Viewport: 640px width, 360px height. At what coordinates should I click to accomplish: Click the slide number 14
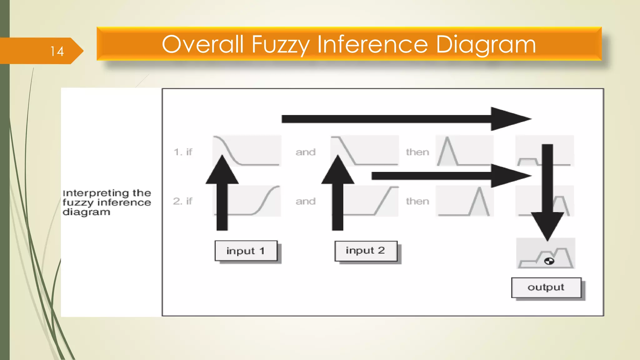(x=57, y=51)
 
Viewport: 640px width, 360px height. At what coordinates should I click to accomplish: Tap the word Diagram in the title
(x=486, y=44)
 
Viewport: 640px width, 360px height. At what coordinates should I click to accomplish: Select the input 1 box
(x=246, y=251)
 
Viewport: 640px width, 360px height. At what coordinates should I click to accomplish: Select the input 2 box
(x=366, y=251)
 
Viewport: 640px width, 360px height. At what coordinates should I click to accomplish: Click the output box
(x=546, y=287)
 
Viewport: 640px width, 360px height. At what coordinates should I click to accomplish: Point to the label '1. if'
(x=183, y=152)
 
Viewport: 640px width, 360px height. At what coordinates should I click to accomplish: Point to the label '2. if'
(x=182, y=201)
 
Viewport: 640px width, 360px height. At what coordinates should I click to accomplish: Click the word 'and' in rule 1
(x=306, y=152)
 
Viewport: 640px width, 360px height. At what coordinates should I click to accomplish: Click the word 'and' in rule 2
(x=306, y=201)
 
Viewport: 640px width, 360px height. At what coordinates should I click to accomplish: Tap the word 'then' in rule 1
(x=417, y=152)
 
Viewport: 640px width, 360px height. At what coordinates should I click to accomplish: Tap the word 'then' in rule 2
(x=417, y=201)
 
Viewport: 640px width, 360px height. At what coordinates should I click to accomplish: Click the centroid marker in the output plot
(x=549, y=261)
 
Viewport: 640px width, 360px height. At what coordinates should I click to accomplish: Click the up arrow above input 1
(x=222, y=194)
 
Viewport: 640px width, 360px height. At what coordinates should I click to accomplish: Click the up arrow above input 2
(x=338, y=194)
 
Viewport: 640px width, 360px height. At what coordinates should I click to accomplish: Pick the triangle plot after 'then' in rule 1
(x=464, y=151)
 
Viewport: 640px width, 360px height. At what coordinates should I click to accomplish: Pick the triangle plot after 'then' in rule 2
(x=464, y=201)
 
